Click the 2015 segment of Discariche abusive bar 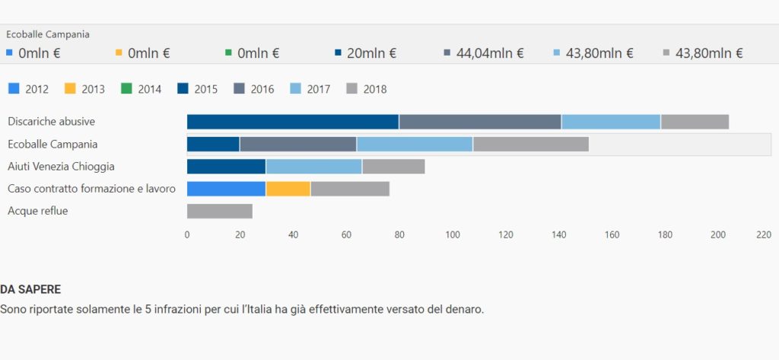point(293,122)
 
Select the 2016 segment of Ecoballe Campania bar point(298,144)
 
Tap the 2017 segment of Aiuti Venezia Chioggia point(313,167)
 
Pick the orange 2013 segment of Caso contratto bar point(288,189)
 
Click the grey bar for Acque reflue point(219,212)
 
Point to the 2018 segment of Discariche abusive point(695,122)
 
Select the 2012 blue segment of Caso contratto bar point(226,189)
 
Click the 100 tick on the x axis point(453,235)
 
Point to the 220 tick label point(764,235)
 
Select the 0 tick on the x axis point(187,235)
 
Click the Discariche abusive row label point(52,122)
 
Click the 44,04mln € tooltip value point(490,53)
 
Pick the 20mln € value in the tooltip point(371,53)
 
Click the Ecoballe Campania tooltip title point(48,34)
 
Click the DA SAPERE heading point(30,290)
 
